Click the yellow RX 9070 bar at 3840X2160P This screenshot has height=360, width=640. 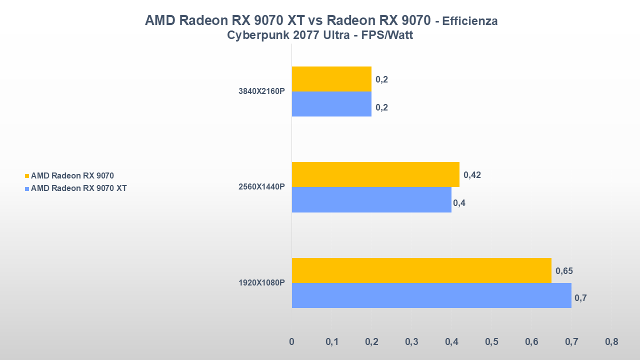[331, 79]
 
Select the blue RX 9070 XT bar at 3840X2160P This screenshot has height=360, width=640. [331, 104]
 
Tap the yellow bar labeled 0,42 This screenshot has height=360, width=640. [375, 174]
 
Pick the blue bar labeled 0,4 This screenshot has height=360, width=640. [371, 200]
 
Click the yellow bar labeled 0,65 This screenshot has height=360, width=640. [421, 270]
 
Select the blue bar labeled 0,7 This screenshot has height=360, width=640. [431, 295]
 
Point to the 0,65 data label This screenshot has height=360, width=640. [564, 271]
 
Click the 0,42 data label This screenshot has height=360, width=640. [472, 175]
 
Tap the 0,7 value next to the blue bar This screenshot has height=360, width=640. [580, 298]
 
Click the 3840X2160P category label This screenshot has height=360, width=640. [261, 91]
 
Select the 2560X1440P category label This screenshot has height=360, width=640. [261, 187]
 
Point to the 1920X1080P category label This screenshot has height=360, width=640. [261, 283]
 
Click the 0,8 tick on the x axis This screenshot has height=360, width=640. [611, 342]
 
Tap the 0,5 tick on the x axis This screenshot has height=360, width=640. [491, 342]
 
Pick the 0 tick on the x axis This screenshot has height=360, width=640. [292, 342]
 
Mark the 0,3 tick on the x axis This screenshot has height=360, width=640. [411, 342]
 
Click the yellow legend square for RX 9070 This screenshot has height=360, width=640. [27, 176]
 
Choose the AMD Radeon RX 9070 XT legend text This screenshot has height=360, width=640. [78, 188]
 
